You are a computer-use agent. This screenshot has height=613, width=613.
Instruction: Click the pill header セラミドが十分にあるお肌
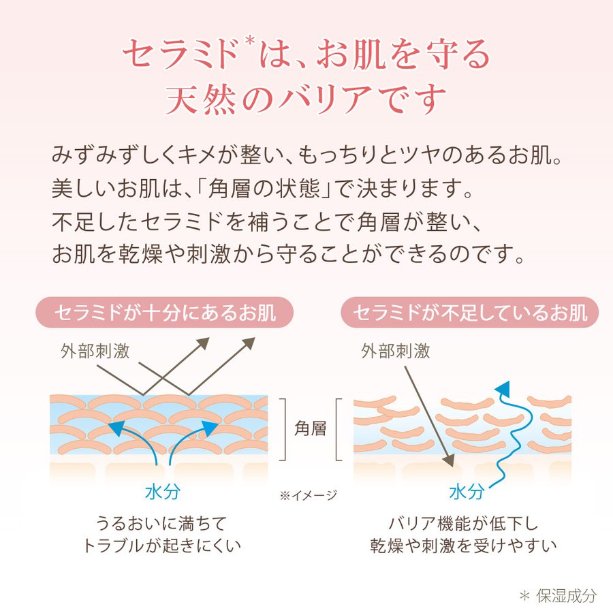click(x=165, y=313)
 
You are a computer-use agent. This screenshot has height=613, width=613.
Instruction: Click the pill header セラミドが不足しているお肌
click(x=469, y=313)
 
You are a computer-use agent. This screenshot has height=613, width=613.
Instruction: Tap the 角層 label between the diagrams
click(x=310, y=429)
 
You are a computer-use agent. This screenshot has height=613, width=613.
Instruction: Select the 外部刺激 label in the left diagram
click(x=95, y=351)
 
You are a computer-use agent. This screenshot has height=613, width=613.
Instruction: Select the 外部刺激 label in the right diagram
click(x=396, y=351)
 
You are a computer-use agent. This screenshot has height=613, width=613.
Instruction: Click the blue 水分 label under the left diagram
click(x=163, y=491)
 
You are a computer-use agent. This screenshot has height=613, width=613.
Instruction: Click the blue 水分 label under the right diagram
click(x=467, y=491)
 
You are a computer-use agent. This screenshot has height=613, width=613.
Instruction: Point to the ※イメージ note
click(x=309, y=496)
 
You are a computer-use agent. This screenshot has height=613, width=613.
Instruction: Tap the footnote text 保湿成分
click(x=566, y=596)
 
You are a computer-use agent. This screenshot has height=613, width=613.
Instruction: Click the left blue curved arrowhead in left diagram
click(x=115, y=428)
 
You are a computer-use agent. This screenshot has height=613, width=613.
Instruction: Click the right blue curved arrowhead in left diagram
click(x=210, y=428)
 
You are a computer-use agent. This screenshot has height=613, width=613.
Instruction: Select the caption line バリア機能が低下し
click(x=464, y=524)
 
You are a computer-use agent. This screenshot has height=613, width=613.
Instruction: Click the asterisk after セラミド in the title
click(x=251, y=42)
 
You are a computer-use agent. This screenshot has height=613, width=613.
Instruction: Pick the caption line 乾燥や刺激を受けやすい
click(x=464, y=546)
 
